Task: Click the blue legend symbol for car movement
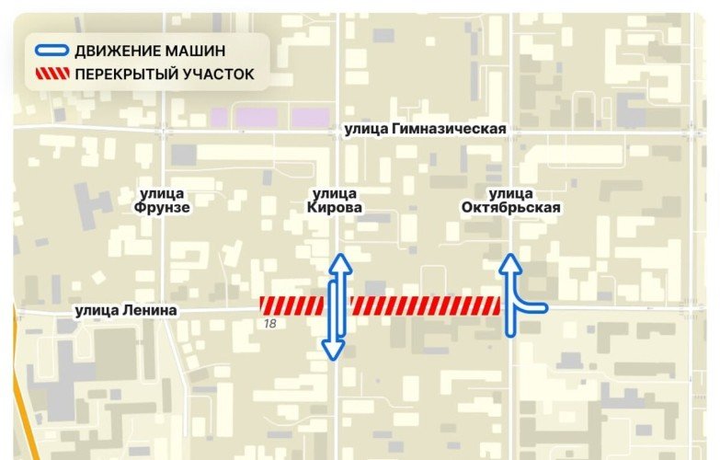point(51,51)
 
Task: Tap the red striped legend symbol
point(51,75)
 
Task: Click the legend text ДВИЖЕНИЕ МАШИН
point(150,51)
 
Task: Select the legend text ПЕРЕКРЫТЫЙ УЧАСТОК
point(165,75)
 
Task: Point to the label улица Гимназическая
point(426,130)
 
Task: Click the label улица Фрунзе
point(165,201)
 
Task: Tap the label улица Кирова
point(335,201)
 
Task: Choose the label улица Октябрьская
point(511,201)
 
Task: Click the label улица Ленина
point(126,311)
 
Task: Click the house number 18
point(270,324)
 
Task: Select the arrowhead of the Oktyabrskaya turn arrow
point(510,265)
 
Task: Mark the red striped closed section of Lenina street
point(382,305)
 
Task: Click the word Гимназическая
point(450,130)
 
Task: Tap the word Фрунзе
point(165,208)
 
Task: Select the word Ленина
point(148,311)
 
